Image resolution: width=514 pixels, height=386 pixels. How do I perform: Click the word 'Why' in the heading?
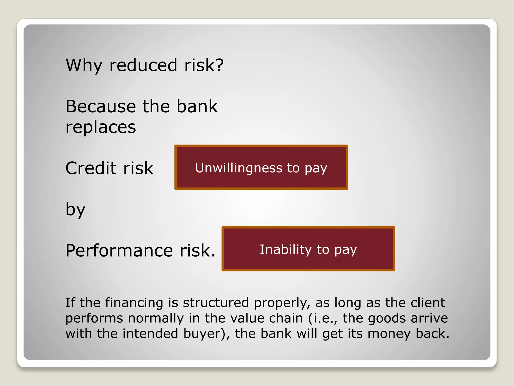pos(84,65)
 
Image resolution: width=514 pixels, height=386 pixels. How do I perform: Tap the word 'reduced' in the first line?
pos(143,65)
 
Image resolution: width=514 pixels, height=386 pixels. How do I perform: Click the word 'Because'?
pos(101,106)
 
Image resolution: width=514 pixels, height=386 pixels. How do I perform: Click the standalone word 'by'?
pos(75,210)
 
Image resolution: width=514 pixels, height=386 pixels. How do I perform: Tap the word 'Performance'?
pos(119,251)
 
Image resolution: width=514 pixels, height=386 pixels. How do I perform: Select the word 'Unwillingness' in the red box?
pos(239,168)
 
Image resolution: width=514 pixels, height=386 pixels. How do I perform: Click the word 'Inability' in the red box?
pos(285,250)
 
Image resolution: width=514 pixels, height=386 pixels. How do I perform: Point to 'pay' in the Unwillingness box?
pos(316,169)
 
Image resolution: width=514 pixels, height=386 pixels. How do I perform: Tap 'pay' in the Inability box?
pos(345,251)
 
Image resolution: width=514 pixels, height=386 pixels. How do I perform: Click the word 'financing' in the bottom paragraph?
pos(134,303)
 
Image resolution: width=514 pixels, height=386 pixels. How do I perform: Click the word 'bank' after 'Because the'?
pos(197,106)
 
